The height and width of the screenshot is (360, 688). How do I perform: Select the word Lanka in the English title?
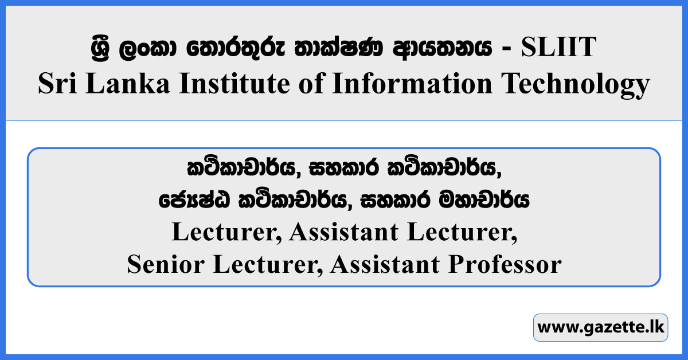(123, 84)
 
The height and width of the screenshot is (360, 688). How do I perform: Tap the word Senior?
(161, 265)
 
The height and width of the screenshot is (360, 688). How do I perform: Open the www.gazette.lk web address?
(600, 328)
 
